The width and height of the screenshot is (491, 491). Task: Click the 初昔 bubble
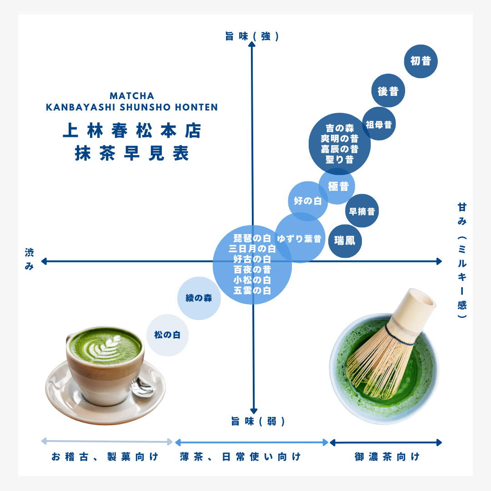pos(421,61)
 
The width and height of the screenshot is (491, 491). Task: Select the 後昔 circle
pos(388,90)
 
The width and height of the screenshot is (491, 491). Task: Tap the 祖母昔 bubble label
pos(379,125)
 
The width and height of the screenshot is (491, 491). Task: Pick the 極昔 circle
pos(337,186)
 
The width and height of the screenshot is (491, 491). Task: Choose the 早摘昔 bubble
pos(362,211)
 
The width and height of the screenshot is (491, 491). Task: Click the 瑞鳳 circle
pos(345,241)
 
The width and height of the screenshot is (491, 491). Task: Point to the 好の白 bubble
pos(308,201)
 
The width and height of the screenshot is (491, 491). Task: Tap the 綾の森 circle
pos(199,298)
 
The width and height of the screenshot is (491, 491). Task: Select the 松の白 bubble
pos(167,335)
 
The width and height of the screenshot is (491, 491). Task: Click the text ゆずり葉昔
pos(299,239)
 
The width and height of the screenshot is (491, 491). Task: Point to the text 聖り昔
pos(340,160)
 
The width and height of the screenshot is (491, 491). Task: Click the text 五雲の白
pos(252,290)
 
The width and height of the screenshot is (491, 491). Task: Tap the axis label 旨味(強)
pos(252,36)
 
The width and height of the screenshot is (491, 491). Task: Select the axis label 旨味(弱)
pos(258,421)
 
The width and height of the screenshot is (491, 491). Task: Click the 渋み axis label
pos(29,259)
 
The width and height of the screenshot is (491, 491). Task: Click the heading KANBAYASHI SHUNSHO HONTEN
pos(132,107)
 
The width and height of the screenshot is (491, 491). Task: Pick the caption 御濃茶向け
pos(387,456)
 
